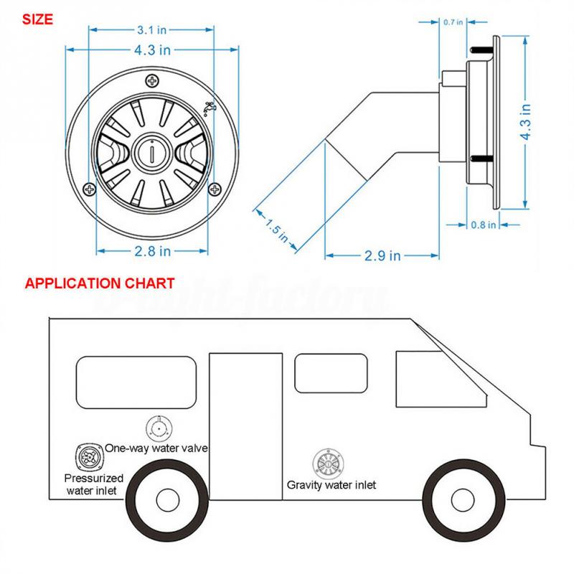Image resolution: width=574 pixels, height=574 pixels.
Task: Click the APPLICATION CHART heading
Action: tap(99, 283)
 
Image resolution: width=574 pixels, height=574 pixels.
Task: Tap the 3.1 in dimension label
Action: tap(153, 31)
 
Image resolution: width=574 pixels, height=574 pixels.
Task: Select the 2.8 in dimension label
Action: tap(153, 250)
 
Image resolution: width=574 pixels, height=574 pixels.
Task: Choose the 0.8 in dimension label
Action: tap(482, 225)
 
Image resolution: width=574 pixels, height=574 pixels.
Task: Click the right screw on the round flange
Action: tap(215, 189)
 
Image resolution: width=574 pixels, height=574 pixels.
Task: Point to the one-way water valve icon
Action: tap(159, 429)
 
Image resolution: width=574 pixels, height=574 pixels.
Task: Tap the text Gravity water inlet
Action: tap(331, 484)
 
